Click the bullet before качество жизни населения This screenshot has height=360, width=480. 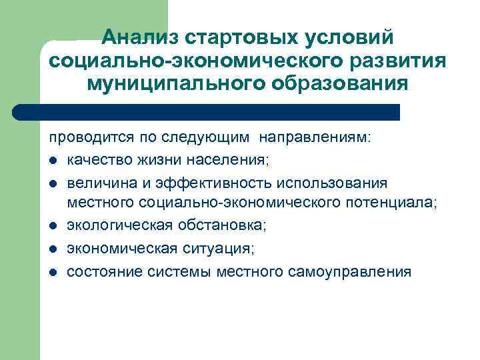click(53, 161)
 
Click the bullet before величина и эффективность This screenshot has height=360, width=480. click(53, 183)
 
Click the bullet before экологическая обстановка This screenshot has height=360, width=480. click(53, 227)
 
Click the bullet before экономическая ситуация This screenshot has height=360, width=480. click(53, 249)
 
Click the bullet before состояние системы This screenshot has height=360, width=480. click(53, 272)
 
